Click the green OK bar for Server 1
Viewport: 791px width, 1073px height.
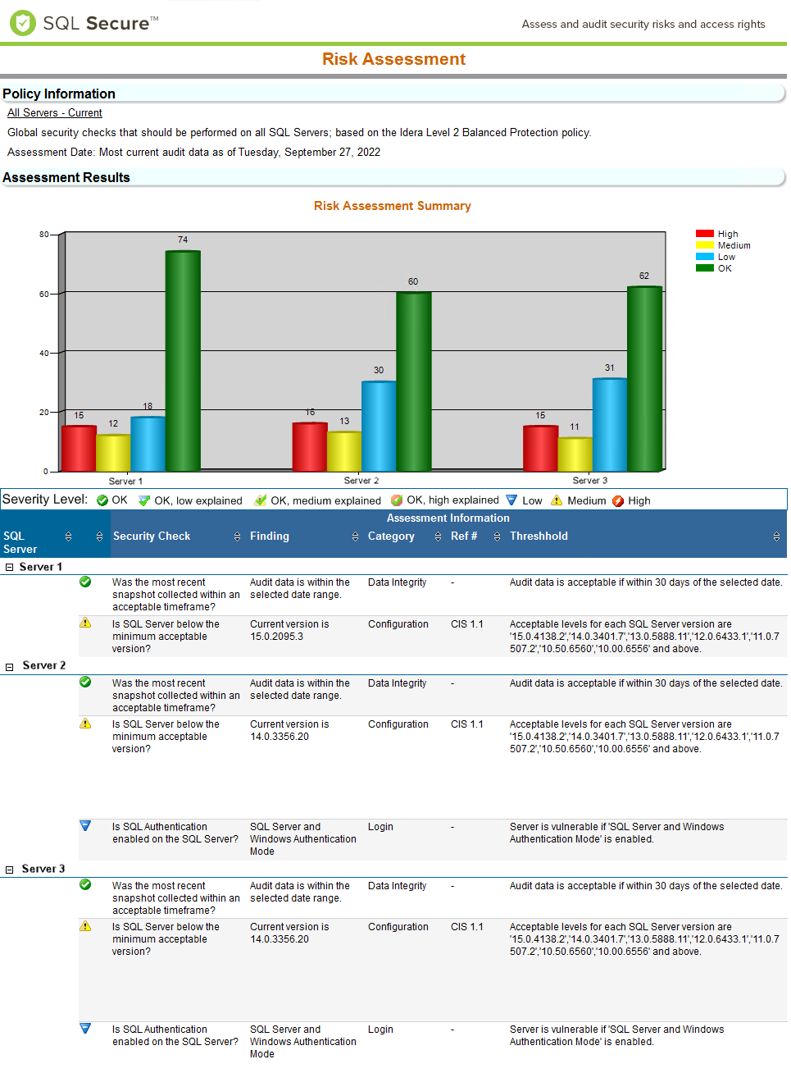(x=183, y=361)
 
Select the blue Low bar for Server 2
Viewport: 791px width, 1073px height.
(x=379, y=426)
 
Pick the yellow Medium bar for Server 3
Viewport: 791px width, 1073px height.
(x=575, y=454)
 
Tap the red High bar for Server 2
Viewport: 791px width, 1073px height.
(x=310, y=447)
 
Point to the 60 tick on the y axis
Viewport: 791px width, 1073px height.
(x=43, y=294)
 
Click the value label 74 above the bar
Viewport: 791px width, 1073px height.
(x=183, y=240)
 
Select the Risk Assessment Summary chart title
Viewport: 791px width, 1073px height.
(x=392, y=206)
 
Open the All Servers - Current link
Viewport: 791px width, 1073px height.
(x=55, y=113)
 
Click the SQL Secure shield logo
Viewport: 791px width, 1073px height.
(x=22, y=23)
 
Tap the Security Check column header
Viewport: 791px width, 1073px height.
(x=152, y=536)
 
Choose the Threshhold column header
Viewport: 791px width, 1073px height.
(x=539, y=536)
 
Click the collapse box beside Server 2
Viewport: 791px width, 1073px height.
(x=10, y=667)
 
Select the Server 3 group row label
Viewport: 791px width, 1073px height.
(x=43, y=869)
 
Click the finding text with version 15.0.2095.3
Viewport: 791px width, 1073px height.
(x=289, y=630)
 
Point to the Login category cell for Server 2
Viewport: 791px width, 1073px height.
(x=380, y=827)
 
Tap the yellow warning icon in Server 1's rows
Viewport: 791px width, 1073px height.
(x=85, y=623)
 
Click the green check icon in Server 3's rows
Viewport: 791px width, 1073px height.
(x=85, y=884)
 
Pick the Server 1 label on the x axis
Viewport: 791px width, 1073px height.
(x=125, y=482)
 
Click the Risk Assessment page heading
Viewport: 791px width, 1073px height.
(x=393, y=59)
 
